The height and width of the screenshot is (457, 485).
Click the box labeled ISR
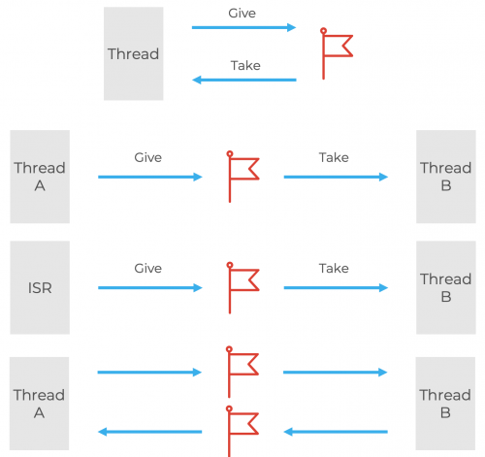[x=40, y=287]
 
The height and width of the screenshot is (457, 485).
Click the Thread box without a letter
[x=133, y=53]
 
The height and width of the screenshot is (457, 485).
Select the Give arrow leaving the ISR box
[x=149, y=288]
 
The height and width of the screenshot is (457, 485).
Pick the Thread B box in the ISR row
[x=445, y=287]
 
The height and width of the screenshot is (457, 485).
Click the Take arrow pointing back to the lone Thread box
[x=243, y=80]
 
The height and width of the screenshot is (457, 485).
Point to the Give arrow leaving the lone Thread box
[x=243, y=28]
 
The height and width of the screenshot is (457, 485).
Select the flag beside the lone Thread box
[x=335, y=53]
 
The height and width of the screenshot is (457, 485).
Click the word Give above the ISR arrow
[x=147, y=269]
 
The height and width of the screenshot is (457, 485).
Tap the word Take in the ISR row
[x=334, y=269]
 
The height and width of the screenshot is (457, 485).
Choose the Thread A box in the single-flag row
[x=40, y=177]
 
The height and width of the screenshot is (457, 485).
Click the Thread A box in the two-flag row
[x=40, y=404]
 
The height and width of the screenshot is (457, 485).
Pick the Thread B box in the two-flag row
[x=445, y=404]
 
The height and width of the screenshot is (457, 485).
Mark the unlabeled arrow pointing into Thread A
[x=149, y=432]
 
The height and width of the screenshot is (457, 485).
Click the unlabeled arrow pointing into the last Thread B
[x=335, y=372]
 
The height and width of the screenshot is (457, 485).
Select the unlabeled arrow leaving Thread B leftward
[x=335, y=432]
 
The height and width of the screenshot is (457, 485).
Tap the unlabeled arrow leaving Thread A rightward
[x=149, y=372]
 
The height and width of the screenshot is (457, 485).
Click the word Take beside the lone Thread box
[x=245, y=66]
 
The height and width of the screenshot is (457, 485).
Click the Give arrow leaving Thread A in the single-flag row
[x=149, y=177]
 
